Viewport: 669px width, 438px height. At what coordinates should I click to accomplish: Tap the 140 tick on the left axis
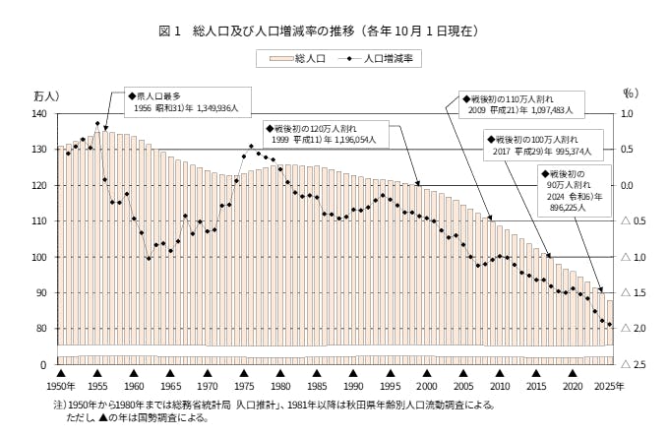point(39,114)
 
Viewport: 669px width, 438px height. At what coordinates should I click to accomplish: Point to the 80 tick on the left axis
point(39,329)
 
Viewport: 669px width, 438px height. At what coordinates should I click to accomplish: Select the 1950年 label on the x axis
point(61,387)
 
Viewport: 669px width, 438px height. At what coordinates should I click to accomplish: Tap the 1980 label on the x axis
point(279,387)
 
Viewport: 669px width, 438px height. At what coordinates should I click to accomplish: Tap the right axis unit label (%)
point(631,94)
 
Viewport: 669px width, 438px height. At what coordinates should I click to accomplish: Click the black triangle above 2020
point(571,374)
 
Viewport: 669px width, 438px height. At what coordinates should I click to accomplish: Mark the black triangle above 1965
point(170,374)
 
